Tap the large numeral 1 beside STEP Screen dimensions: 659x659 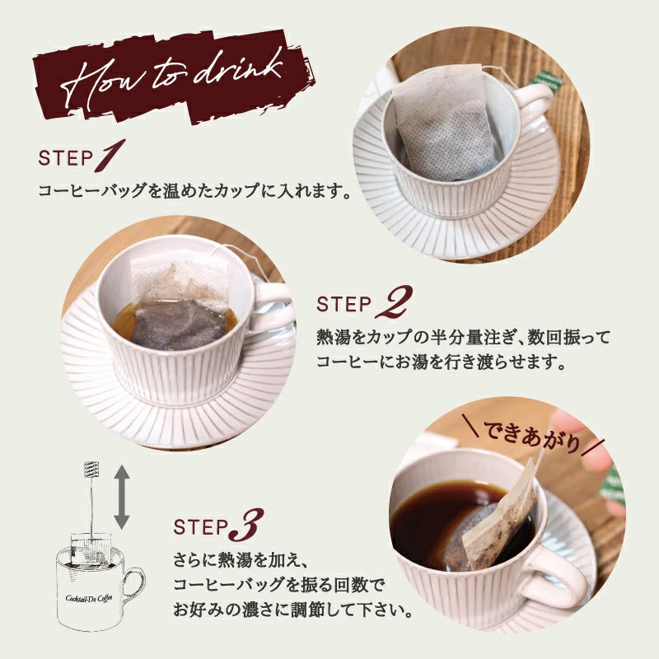pos(110,156)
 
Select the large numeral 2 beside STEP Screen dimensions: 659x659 pos(394,301)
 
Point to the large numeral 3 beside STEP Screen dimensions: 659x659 pos(246,525)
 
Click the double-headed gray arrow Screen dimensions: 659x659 pos(121,497)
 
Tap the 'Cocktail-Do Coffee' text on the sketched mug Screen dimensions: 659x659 pos(89,598)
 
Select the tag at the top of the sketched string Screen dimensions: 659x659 pos(91,469)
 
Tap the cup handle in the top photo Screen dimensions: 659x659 pos(533,106)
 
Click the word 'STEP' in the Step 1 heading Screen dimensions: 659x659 pos(65,158)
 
